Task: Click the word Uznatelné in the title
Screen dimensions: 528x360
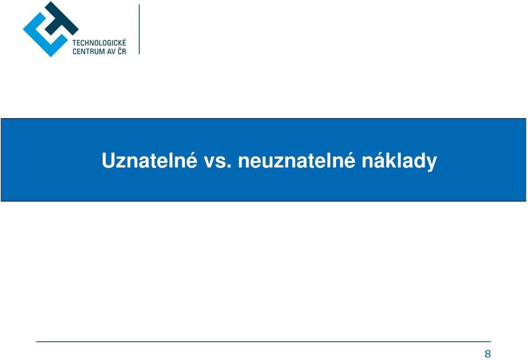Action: point(149,160)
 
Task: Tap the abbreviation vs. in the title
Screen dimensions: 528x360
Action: point(218,162)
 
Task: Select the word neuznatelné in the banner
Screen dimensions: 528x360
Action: point(296,160)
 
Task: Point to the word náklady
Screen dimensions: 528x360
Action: point(399,161)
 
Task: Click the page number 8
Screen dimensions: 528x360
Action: point(488,354)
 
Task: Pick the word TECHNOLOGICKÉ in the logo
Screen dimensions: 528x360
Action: point(99,43)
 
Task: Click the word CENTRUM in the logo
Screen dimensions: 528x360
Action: point(89,52)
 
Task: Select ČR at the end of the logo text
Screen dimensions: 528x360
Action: point(122,51)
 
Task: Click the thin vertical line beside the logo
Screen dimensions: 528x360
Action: point(139,29)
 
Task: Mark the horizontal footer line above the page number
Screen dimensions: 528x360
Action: point(263,341)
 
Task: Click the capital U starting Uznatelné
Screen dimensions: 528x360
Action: point(108,160)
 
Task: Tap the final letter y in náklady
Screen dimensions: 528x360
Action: point(432,164)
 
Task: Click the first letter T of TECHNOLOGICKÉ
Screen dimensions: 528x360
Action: point(74,43)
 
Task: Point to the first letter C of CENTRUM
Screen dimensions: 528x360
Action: point(74,52)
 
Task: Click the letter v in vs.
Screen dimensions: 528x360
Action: point(210,163)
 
